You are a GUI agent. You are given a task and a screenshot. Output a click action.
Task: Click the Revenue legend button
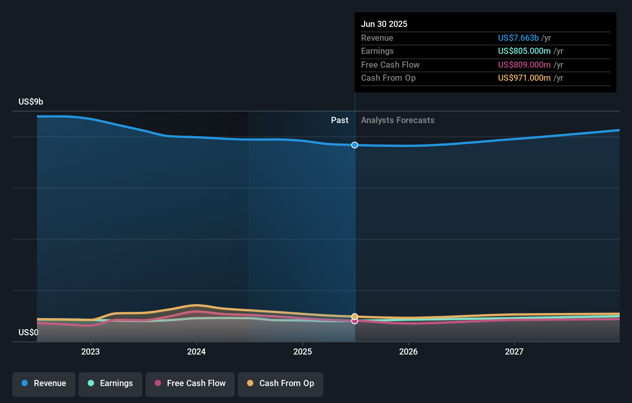pos(44,383)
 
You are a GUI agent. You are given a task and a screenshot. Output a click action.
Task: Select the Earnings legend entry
pos(110,383)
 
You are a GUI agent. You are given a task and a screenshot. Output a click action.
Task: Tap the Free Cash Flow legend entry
pos(190,383)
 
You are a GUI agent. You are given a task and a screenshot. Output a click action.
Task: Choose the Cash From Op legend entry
pos(281,383)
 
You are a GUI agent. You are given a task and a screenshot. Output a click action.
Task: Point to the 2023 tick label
pos(90,352)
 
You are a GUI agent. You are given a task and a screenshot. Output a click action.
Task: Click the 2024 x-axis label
pos(196,352)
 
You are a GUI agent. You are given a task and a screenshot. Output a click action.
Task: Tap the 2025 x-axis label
pos(303,352)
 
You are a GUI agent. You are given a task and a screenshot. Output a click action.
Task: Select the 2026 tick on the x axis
pos(408,352)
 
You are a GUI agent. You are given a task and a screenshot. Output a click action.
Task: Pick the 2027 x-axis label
pos(514,352)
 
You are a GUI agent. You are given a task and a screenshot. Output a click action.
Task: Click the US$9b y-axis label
pos(31,102)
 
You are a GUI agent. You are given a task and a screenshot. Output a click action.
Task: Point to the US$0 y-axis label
pos(28,333)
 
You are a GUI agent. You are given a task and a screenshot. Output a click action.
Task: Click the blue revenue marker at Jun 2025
pos(355,145)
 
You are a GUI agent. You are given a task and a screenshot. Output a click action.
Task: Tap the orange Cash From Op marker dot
pos(355,316)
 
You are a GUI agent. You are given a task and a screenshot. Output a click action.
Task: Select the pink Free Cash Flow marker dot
pos(355,321)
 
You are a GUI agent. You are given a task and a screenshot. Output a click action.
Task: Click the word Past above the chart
pos(339,120)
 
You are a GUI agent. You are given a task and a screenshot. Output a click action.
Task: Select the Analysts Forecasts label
pos(398,120)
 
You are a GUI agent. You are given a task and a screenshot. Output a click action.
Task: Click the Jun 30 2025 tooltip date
pos(384,24)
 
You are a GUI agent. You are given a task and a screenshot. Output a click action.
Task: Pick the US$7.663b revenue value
pos(518,38)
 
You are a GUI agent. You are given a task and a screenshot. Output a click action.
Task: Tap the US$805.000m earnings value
pos(524,51)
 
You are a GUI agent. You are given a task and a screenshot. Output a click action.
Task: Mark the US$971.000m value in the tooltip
pos(524,78)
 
